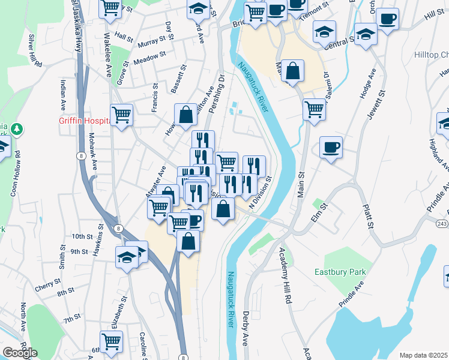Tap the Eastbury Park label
click(x=340, y=272)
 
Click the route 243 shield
click(x=442, y=224)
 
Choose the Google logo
click(x=20, y=352)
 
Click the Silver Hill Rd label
click(x=35, y=50)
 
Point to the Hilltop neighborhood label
click(x=430, y=55)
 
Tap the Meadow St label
click(x=149, y=59)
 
